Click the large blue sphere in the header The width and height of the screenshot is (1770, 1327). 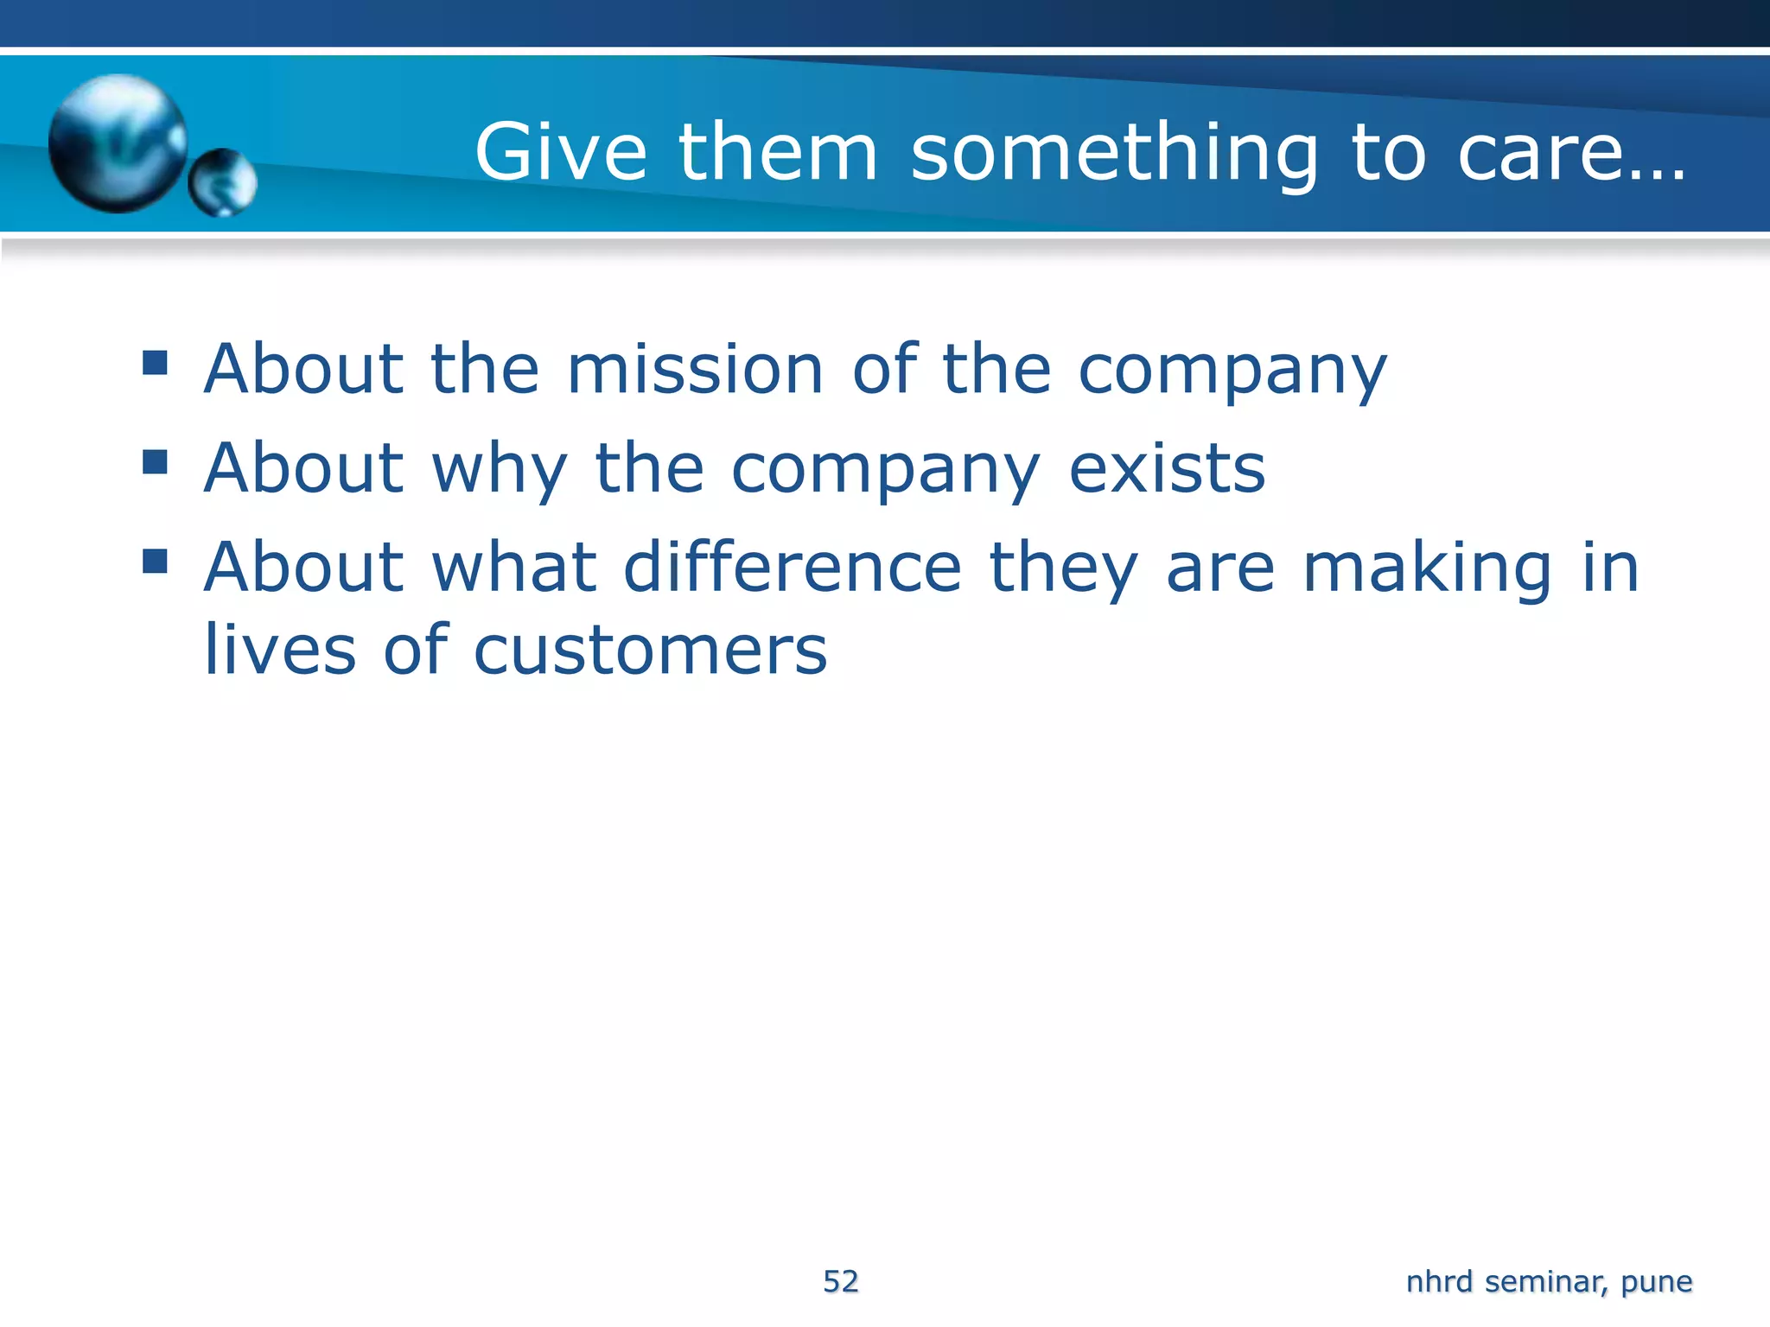118,143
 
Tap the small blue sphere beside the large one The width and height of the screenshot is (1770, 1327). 222,182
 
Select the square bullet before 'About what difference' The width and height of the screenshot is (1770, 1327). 155,561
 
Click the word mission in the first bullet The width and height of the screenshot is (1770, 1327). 695,370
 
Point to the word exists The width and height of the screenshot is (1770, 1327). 1167,469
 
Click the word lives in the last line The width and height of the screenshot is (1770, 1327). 279,650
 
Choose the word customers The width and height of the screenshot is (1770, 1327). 650,650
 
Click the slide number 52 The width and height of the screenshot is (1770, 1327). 840,1281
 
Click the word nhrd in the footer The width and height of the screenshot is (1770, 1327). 1439,1281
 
